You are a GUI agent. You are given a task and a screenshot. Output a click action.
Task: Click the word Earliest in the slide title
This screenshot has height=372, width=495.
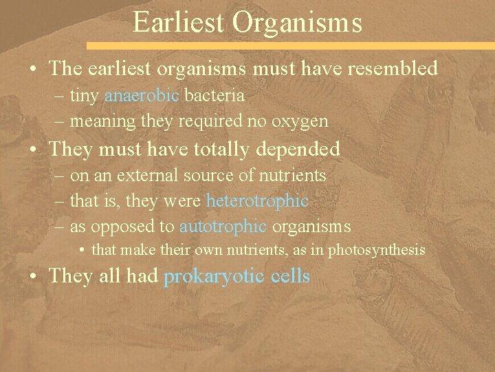(179, 22)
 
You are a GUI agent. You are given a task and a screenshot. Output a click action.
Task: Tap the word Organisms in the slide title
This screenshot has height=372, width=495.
(297, 22)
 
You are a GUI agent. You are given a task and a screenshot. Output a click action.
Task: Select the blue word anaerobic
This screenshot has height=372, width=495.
(142, 95)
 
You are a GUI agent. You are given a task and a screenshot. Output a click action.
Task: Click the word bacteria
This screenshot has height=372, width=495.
(214, 95)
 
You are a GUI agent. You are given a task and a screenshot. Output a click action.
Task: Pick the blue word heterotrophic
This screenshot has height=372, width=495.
(257, 200)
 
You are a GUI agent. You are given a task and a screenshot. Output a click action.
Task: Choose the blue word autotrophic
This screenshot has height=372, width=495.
(223, 226)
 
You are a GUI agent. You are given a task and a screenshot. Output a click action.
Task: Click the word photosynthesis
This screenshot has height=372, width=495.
(376, 249)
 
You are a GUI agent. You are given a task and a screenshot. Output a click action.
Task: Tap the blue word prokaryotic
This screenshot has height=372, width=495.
(214, 276)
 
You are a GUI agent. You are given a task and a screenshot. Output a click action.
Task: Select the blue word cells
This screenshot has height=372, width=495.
(290, 276)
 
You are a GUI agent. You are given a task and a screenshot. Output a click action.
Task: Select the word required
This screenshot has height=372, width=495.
(210, 121)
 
